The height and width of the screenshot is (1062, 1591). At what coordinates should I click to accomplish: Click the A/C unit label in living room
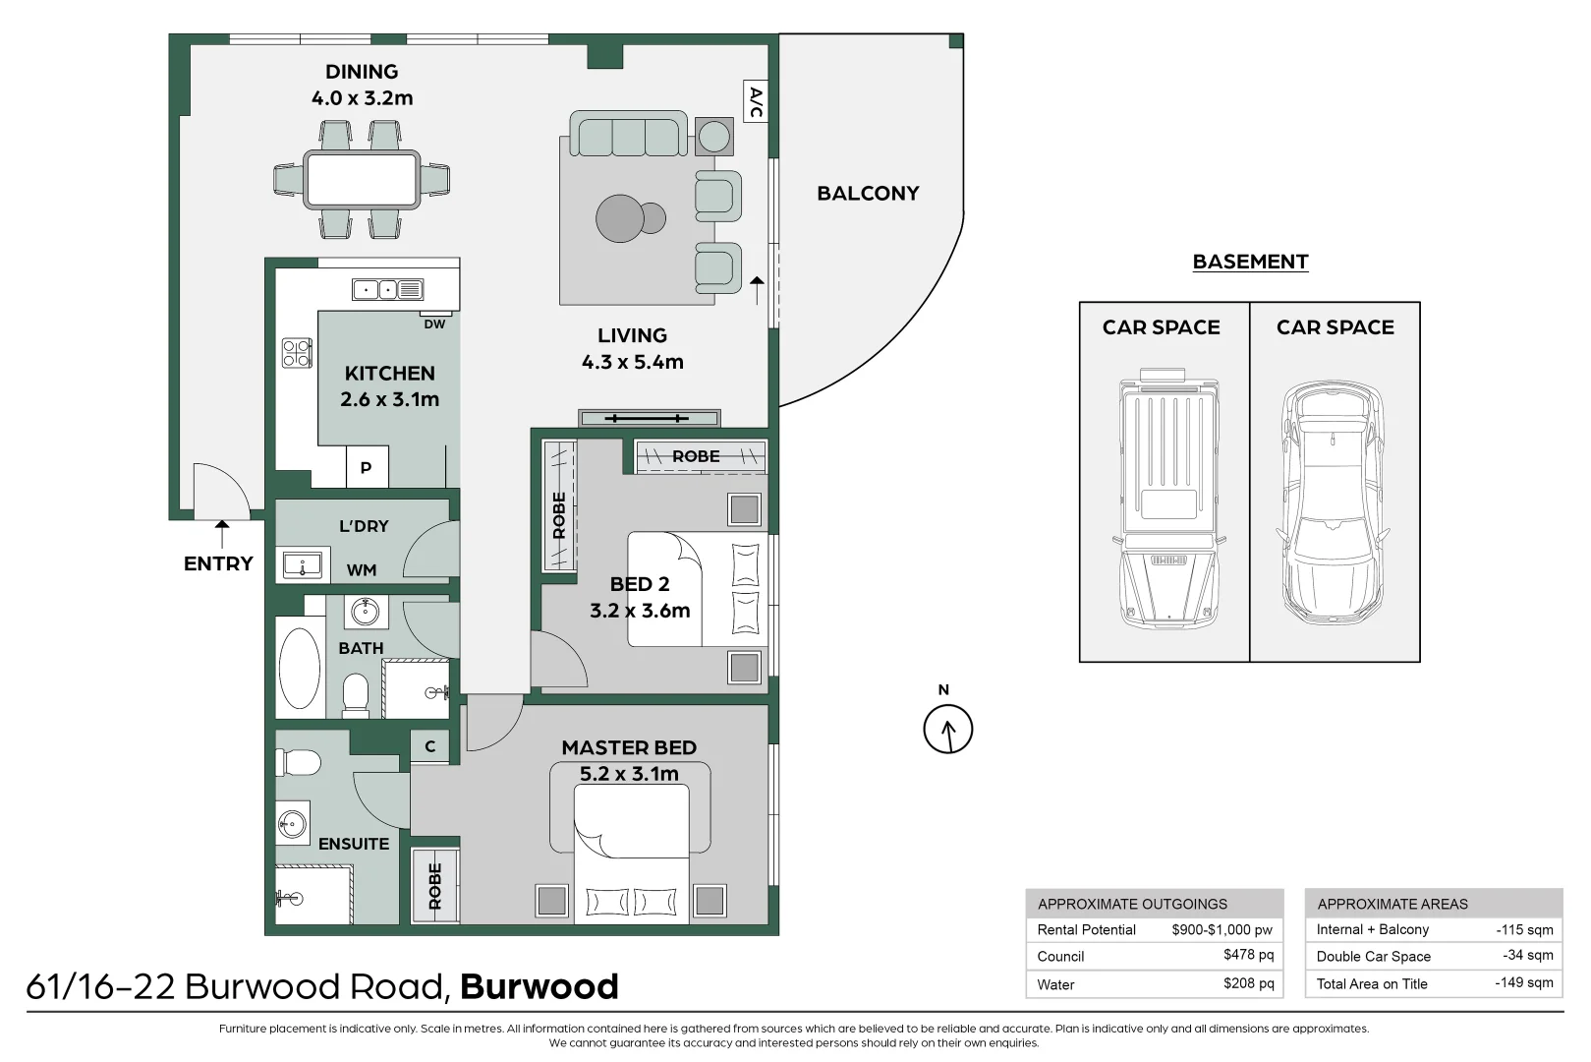tap(756, 101)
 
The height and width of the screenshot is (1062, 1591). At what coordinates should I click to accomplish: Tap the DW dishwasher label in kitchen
tap(434, 324)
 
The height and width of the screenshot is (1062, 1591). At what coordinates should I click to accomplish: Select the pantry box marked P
tap(367, 468)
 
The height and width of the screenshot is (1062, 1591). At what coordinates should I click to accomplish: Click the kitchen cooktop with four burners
tap(297, 353)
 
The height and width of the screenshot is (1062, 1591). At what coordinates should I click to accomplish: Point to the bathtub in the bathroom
tap(300, 668)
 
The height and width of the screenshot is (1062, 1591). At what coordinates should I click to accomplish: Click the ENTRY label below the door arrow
tap(218, 563)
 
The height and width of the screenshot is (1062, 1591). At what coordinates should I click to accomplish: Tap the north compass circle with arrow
tap(947, 730)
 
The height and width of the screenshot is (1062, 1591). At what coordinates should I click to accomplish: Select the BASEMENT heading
tap(1250, 262)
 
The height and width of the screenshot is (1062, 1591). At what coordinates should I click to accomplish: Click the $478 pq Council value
tap(1248, 955)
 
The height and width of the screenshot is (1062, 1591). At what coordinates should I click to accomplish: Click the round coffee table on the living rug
tap(621, 218)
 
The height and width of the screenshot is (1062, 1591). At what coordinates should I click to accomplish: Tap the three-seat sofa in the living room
tap(628, 135)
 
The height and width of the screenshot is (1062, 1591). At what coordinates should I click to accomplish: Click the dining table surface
tap(362, 179)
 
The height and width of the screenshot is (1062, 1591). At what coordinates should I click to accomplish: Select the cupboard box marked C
tap(429, 746)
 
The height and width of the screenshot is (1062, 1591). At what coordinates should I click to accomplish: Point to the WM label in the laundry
tap(362, 570)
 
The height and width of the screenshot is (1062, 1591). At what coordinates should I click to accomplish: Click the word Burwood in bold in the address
tap(539, 986)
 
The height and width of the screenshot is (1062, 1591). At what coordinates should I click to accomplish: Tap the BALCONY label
tap(868, 194)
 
